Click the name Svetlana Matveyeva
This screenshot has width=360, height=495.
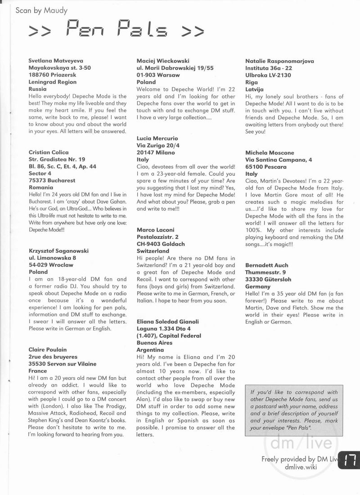(56, 61)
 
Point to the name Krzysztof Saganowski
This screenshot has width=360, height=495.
(58, 251)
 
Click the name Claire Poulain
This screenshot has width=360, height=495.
(48, 350)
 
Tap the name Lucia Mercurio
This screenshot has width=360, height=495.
(157, 138)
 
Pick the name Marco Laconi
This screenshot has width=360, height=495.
(155, 230)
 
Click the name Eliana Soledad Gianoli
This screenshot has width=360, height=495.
(167, 322)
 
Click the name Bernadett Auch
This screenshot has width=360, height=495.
(267, 265)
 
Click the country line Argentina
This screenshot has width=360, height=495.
(150, 350)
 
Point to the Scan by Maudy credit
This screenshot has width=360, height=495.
(41, 10)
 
